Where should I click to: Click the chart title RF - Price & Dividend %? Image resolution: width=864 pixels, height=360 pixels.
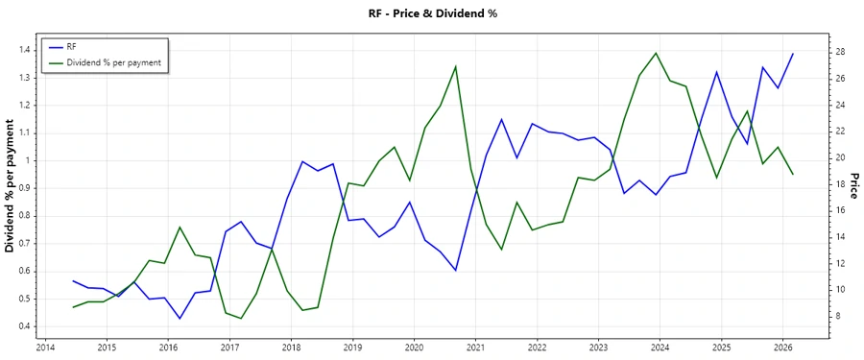coord(432,13)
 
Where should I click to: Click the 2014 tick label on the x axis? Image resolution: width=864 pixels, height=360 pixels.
coord(45,348)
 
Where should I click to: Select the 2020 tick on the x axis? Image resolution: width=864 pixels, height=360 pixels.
coord(414,348)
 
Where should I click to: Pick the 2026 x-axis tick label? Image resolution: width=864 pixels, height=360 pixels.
coord(782,348)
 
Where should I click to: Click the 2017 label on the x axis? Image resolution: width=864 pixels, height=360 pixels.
coord(229,348)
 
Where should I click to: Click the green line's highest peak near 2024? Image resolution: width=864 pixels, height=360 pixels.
coord(656,53)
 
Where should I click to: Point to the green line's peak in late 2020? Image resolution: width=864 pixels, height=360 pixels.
coord(455,66)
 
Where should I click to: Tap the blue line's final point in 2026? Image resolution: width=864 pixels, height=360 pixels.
coord(793,54)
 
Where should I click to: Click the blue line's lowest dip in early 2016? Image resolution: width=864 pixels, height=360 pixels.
coord(180,319)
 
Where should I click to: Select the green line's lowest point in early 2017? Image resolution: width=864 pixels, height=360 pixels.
coord(241,319)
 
